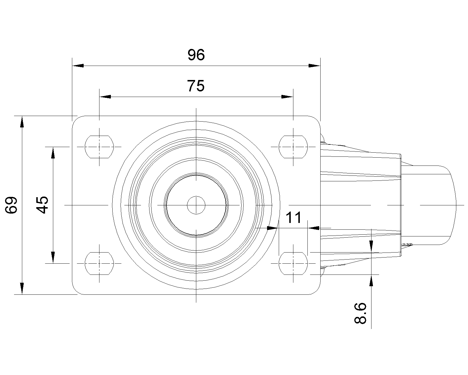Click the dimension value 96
(x=196, y=55)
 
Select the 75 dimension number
(x=196, y=86)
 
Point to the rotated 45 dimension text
(x=43, y=205)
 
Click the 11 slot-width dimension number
(x=293, y=218)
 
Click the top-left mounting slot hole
(x=99, y=146)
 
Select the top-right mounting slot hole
(x=293, y=146)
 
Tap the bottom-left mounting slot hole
(x=99, y=263)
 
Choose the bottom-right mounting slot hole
(x=293, y=263)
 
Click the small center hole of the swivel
(x=196, y=205)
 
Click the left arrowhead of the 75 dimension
(x=105, y=97)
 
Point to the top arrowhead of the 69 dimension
(x=22, y=122)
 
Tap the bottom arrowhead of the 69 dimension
(x=22, y=288)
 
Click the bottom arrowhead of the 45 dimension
(x=53, y=257)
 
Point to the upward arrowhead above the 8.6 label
(x=371, y=281)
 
